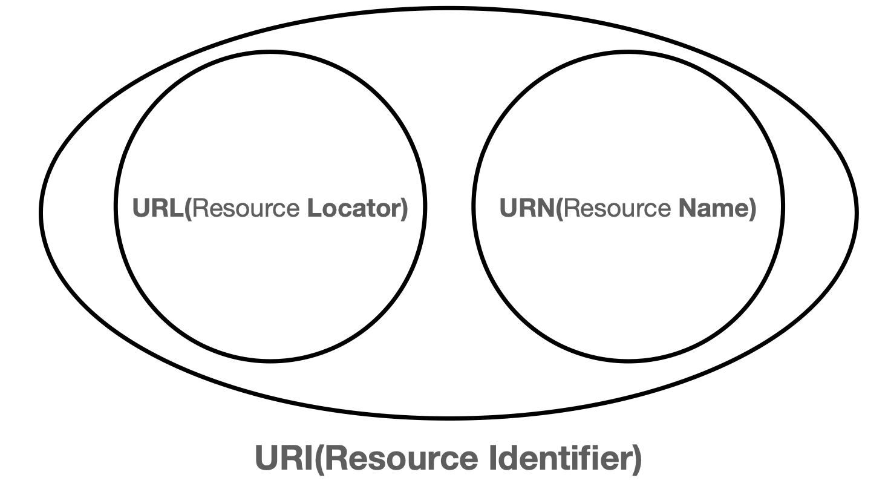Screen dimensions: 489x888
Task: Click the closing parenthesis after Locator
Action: click(404, 209)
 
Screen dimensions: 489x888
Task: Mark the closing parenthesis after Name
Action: click(753, 209)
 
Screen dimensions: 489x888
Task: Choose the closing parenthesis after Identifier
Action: click(636, 461)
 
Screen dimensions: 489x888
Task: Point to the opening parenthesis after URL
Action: click(188, 209)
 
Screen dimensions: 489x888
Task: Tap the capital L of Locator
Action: click(313, 209)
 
